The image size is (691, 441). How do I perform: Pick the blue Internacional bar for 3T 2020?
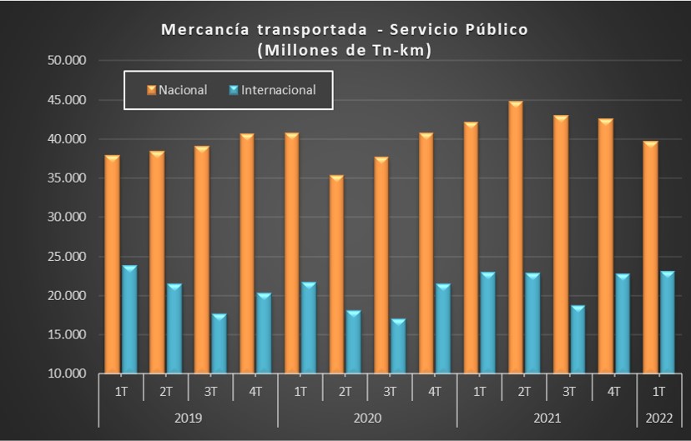tap(397, 346)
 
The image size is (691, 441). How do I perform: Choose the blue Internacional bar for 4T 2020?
tap(441, 328)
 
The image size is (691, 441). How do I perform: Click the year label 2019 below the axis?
tap(188, 417)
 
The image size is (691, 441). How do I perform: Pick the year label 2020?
tap(367, 417)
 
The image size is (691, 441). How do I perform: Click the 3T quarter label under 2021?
tap(569, 390)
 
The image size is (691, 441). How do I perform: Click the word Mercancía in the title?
tap(206, 30)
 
